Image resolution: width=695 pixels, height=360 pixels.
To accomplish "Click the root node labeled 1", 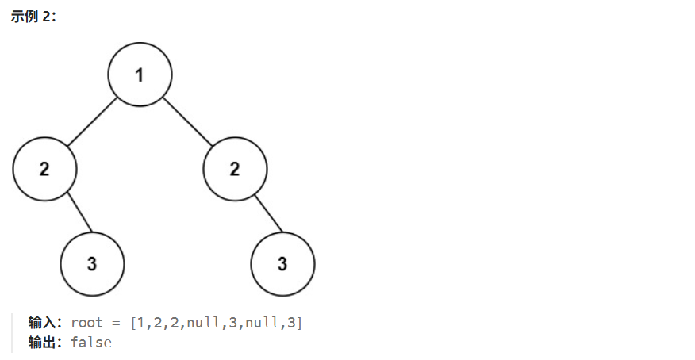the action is coord(140,75).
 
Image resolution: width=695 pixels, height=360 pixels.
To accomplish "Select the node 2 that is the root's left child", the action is coord(44,169).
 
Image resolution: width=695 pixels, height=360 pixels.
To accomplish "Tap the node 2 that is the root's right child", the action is coord(235,169).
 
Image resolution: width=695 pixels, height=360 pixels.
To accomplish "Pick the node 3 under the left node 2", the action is coord(92,264).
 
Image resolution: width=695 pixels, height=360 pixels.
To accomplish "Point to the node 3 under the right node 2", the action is coord(282,264).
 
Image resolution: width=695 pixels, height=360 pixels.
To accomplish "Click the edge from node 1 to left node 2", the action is coord(92,122).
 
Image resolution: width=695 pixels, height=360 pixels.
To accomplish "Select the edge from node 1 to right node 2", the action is coord(187,122).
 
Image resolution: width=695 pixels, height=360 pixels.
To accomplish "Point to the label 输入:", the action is coord(44,323).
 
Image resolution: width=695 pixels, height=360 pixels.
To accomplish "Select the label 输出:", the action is coord(44,343).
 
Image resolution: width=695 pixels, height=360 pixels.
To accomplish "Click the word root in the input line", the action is coord(86,323).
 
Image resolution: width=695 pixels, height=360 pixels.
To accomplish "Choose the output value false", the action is coord(90,343).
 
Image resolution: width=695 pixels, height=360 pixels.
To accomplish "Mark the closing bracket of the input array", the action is coord(299,323).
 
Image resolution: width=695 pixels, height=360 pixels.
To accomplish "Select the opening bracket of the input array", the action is coord(132,323).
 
